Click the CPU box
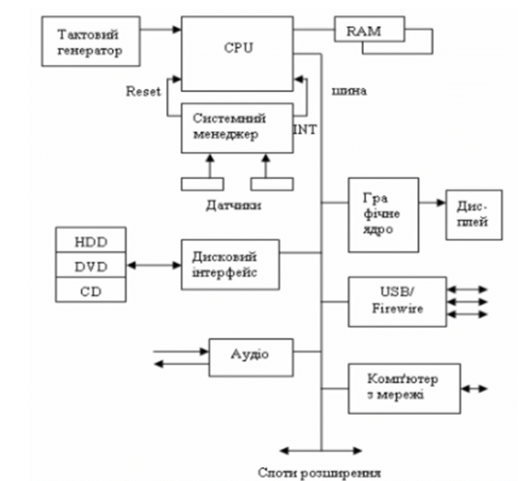[x=237, y=53]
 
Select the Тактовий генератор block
[x=91, y=41]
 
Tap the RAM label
[x=364, y=31]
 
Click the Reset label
[x=143, y=91]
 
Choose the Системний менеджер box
[x=237, y=128]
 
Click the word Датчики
[x=234, y=205]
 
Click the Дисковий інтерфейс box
[x=230, y=265]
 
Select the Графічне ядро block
[x=383, y=215]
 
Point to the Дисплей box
[x=474, y=215]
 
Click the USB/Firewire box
[x=397, y=301]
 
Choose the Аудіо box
[x=251, y=357]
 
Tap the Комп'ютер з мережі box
[x=404, y=388]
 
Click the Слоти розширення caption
[x=319, y=472]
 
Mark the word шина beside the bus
[x=349, y=91]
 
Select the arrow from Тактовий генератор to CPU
[x=160, y=30]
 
